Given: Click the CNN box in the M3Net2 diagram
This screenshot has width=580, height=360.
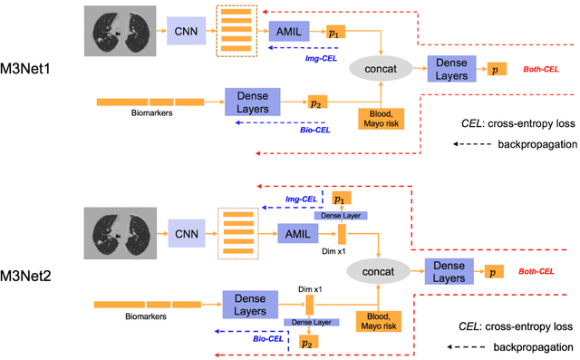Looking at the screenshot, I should pyautogui.click(x=186, y=234).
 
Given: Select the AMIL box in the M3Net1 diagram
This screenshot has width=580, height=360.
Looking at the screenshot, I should pyautogui.click(x=289, y=31).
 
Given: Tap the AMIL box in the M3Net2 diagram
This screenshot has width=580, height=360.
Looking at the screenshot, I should pyautogui.click(x=291, y=233).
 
